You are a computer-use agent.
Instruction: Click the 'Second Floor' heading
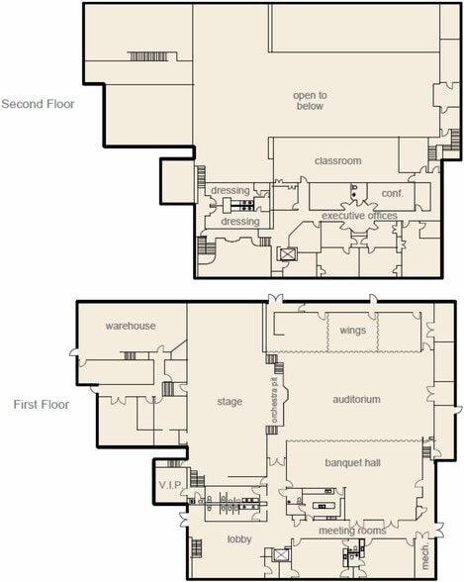38,102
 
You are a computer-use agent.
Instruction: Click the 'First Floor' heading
41,404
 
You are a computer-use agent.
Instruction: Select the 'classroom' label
337,160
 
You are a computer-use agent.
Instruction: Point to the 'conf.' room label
379,193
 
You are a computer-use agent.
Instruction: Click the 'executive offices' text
359,215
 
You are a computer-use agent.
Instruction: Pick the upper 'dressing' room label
231,190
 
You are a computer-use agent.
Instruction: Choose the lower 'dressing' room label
240,222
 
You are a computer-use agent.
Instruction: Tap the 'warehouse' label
132,326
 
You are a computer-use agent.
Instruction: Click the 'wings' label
352,330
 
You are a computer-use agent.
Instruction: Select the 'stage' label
230,402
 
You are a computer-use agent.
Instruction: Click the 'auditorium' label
352,399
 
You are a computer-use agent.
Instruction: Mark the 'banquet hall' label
352,462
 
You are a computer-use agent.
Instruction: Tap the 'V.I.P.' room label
170,485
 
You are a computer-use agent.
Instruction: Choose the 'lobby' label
237,538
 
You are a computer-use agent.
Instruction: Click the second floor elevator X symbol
288,254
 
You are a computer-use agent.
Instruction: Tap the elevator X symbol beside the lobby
282,557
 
